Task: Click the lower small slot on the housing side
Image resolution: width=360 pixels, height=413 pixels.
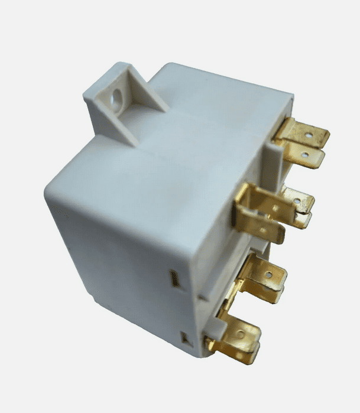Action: point(185,339)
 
